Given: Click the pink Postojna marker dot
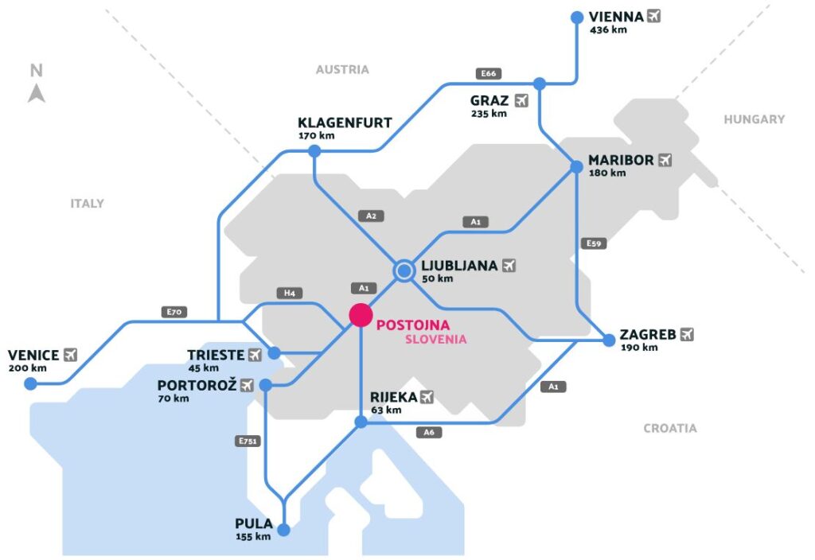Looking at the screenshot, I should click(x=361, y=315).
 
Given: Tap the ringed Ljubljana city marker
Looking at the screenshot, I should click(x=404, y=271).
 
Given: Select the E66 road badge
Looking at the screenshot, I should click(x=488, y=74).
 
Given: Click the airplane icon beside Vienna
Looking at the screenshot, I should click(x=654, y=15).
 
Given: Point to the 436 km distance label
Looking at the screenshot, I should click(x=608, y=30).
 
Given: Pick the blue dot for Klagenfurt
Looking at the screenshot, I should click(x=314, y=151).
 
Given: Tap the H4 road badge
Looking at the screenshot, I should click(x=289, y=293).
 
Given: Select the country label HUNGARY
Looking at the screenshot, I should click(x=754, y=119).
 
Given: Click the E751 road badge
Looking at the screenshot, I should click(x=248, y=441).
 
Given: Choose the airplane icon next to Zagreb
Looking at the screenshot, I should click(x=687, y=334).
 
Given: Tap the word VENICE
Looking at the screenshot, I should click(x=33, y=355).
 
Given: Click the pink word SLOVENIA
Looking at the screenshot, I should click(x=435, y=339).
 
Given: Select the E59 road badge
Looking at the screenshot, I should click(x=594, y=243).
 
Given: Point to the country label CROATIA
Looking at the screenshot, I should click(x=669, y=428).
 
